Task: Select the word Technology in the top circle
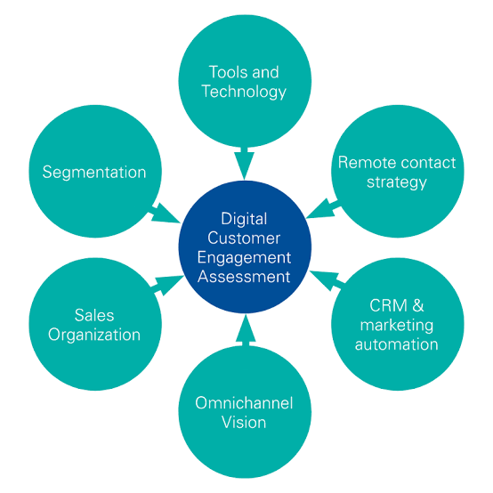click(x=244, y=91)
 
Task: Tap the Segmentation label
click(x=94, y=172)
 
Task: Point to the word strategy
click(x=397, y=182)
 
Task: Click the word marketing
click(x=397, y=325)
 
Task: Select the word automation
click(x=397, y=343)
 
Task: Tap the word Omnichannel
click(x=244, y=403)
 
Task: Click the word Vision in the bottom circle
click(x=244, y=422)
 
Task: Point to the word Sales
click(x=94, y=316)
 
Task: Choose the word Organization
click(x=94, y=335)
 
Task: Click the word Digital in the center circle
click(x=244, y=217)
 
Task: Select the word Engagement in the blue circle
click(x=244, y=256)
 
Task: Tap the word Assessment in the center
click(x=244, y=276)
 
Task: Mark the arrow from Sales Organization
click(x=166, y=285)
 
